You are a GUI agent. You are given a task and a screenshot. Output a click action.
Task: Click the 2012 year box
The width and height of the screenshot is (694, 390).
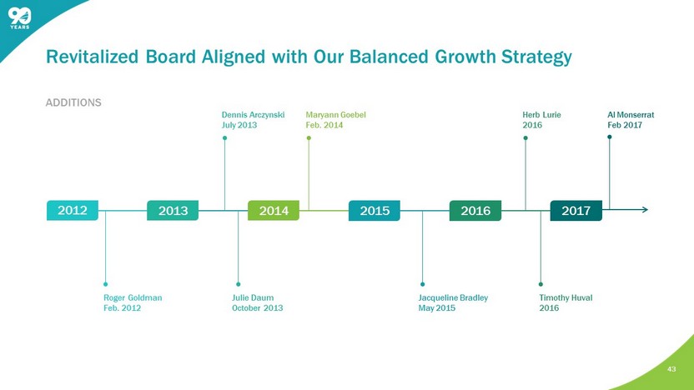click(73, 211)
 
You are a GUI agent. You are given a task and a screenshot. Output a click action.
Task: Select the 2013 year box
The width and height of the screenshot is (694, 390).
click(173, 211)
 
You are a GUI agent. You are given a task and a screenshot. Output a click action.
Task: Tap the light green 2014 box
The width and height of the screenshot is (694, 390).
click(274, 211)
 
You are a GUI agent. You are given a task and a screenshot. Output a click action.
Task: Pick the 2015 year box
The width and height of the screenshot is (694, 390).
click(375, 211)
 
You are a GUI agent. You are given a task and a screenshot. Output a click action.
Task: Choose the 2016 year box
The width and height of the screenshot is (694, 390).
click(475, 211)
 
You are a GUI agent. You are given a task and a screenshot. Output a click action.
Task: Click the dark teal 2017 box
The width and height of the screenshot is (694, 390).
click(576, 211)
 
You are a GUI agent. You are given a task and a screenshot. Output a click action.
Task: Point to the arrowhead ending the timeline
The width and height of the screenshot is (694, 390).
click(645, 210)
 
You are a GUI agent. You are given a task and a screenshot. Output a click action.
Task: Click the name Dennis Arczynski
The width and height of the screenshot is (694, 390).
click(254, 115)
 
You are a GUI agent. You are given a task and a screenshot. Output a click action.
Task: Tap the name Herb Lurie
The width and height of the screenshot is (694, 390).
click(541, 115)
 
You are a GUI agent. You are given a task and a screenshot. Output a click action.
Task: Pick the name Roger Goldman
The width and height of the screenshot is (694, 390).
click(133, 298)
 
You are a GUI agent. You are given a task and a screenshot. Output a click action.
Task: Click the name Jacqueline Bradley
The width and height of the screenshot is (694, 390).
click(453, 298)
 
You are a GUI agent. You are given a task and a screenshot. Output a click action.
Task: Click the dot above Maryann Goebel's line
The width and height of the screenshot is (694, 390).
click(309, 138)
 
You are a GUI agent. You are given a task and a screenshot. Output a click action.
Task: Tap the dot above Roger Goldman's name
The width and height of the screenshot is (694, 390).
click(105, 284)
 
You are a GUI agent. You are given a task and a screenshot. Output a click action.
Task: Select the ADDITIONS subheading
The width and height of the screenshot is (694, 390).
click(73, 102)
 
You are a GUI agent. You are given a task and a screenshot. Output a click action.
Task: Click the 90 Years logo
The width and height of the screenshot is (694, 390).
click(19, 18)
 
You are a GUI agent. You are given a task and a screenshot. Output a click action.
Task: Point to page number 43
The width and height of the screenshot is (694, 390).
click(671, 369)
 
